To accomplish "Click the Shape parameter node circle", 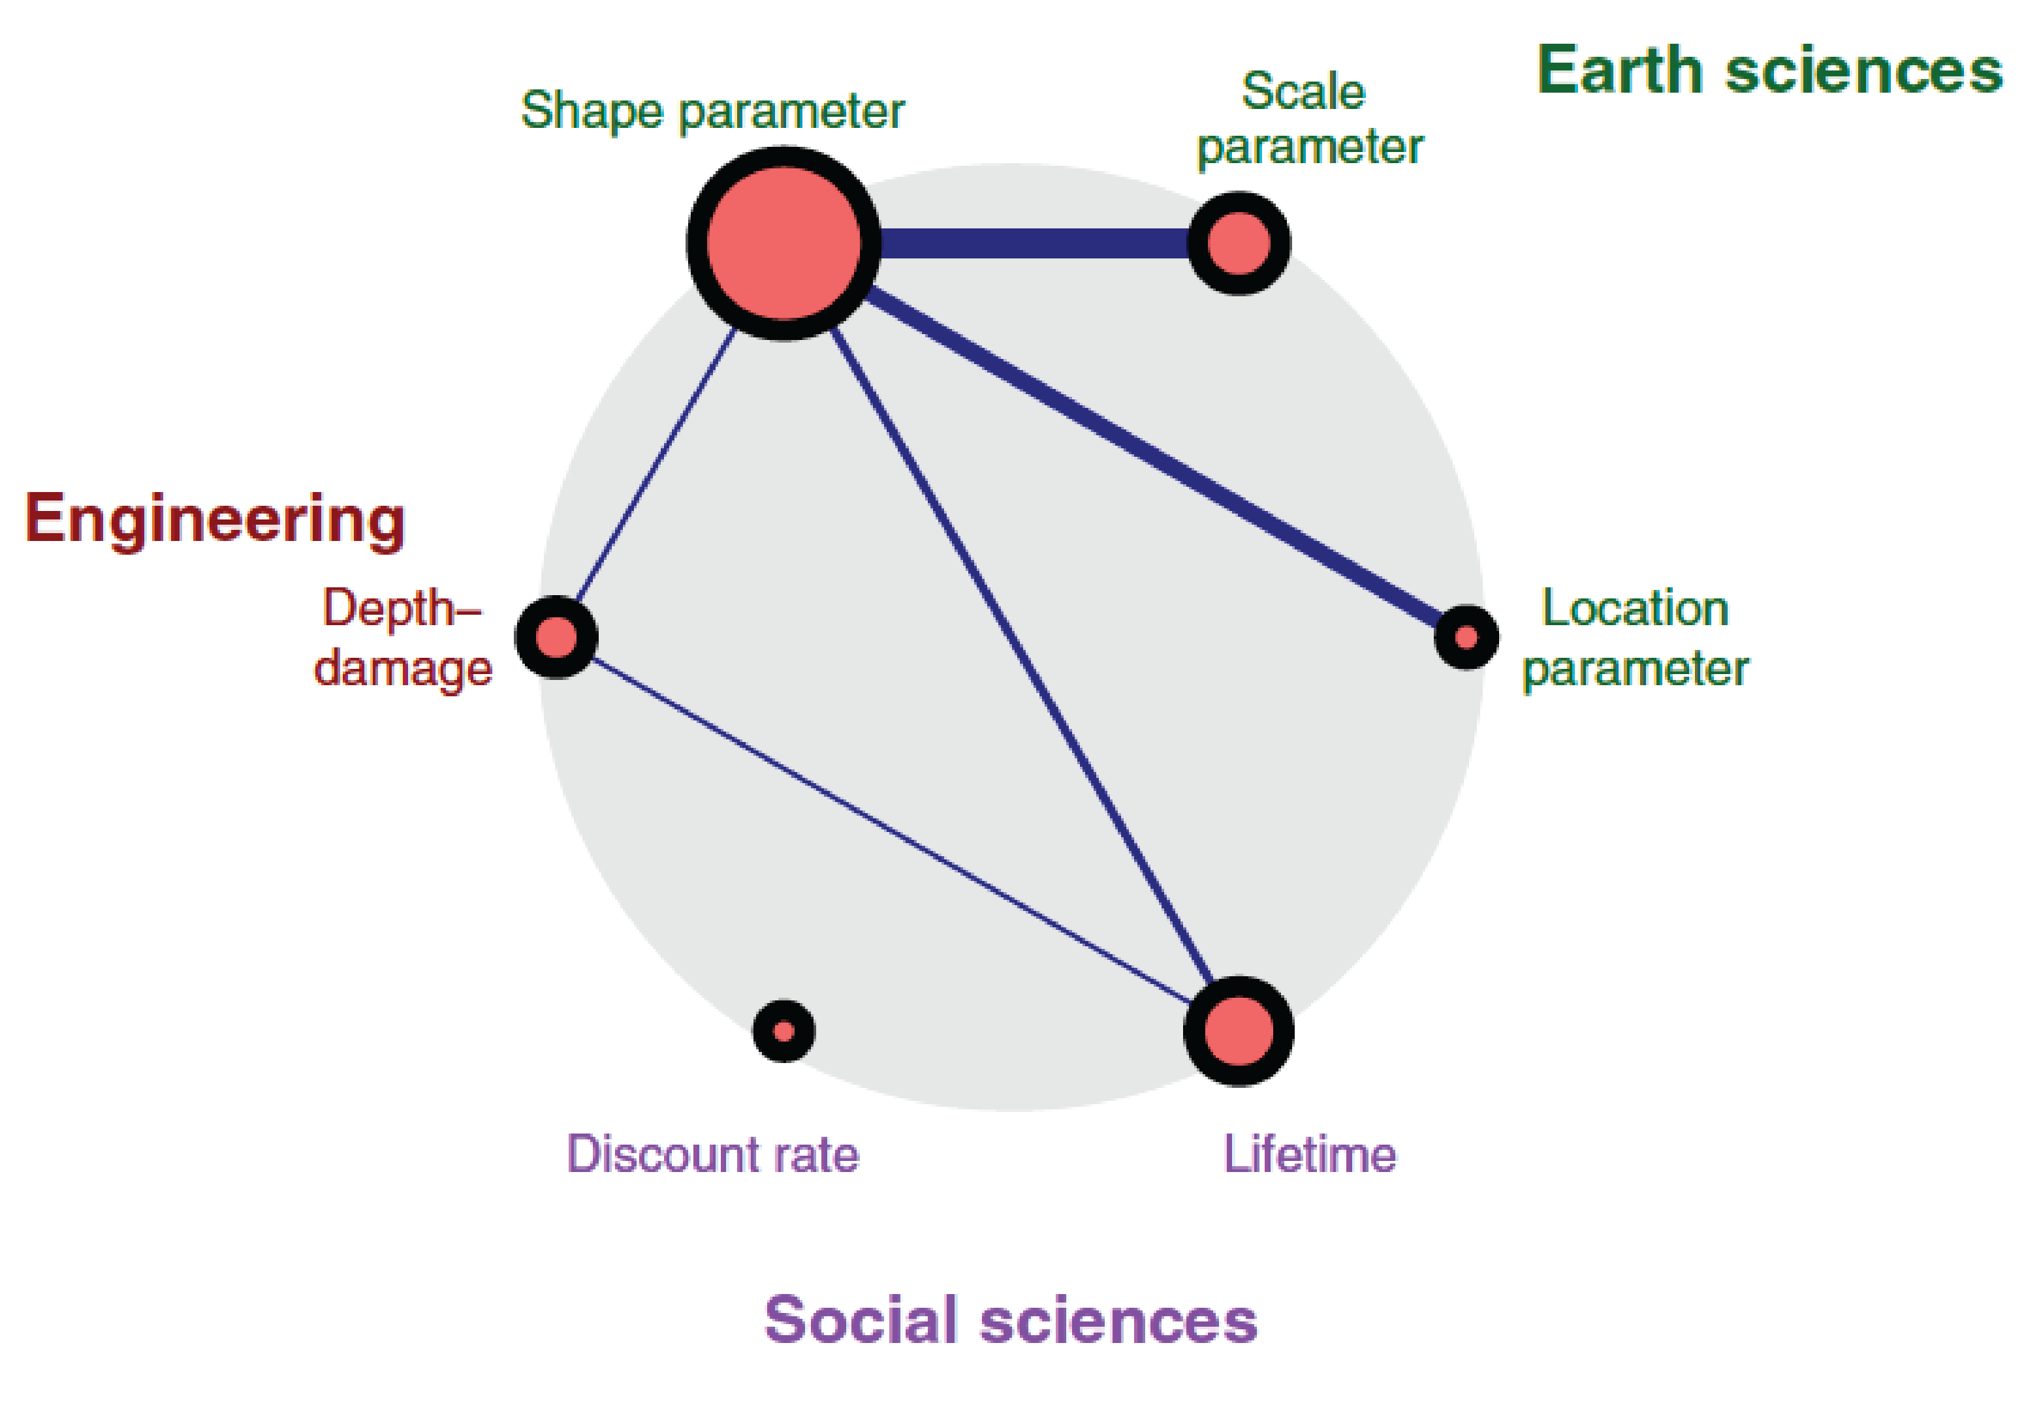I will [x=783, y=243].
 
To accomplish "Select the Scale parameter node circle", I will [x=1239, y=243].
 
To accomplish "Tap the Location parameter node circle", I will [x=1466, y=637].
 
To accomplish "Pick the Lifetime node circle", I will [x=1239, y=1032].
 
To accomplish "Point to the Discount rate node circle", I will [x=783, y=1032].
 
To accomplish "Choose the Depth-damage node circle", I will [x=556, y=637].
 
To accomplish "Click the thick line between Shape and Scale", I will [x=1036, y=243].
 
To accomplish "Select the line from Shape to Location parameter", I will [x=1156, y=457].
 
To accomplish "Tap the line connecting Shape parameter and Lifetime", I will [x=1022, y=658].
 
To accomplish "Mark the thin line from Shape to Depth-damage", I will [x=655, y=465].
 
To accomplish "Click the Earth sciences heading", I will [x=1769, y=70].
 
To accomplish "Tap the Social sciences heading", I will [x=1011, y=1320].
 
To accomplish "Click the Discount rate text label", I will [x=713, y=1154].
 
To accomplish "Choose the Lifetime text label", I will [x=1309, y=1154].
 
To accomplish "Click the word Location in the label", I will [x=1635, y=609].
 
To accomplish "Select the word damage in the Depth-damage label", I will [x=403, y=668].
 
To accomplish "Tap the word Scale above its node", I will [x=1303, y=91].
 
